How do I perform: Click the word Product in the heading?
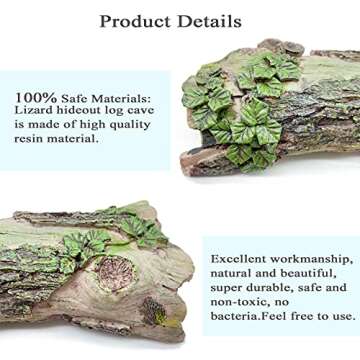pos(139,21)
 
